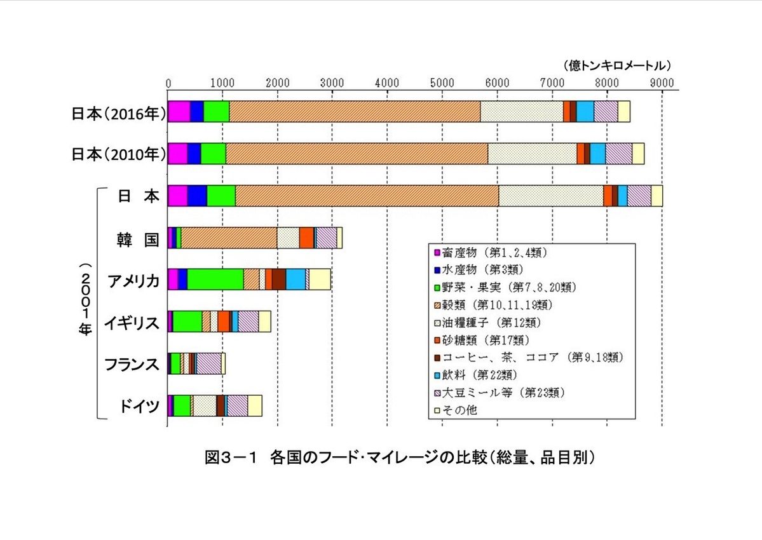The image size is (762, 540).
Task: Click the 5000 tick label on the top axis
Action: point(442,82)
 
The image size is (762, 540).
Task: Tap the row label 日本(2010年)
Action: point(118,154)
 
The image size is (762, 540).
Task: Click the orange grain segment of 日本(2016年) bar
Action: point(354,111)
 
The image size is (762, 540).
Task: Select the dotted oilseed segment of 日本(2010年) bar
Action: point(532,154)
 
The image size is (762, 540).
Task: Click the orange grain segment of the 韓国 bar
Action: point(229,238)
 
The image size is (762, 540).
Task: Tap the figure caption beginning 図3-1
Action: point(400,457)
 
